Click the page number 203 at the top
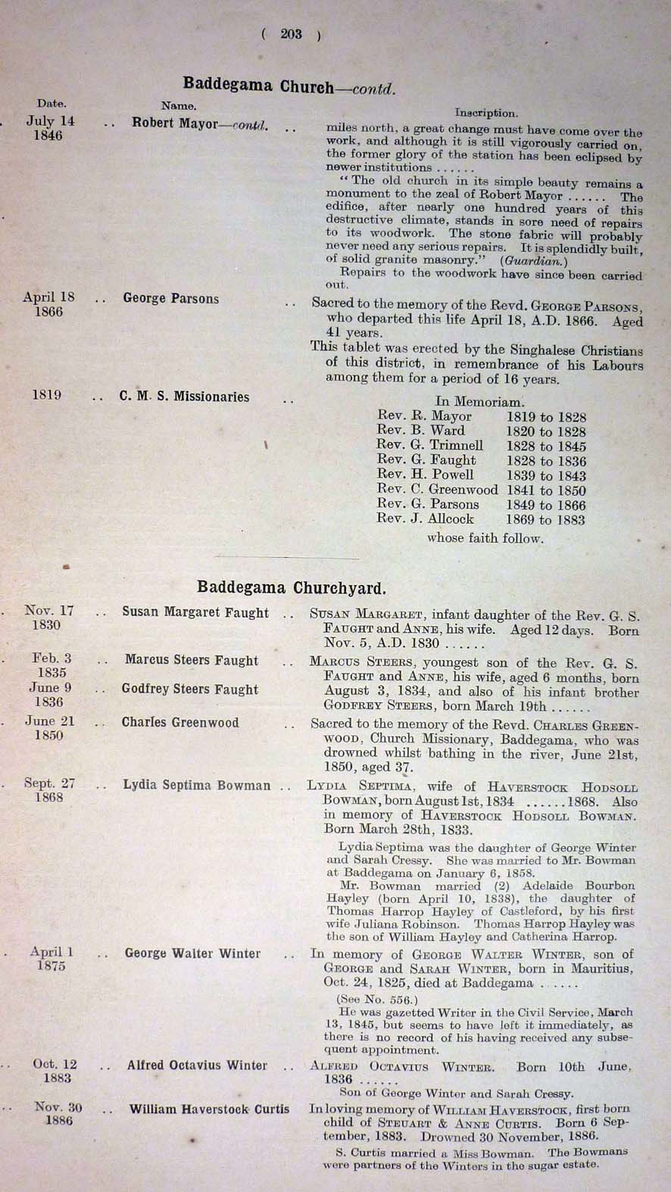[291, 33]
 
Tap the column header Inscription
[486, 113]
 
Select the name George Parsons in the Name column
[171, 299]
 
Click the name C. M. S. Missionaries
[184, 397]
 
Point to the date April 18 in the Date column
[48, 297]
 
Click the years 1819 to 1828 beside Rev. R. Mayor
[546, 417]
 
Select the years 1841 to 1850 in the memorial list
[546, 490]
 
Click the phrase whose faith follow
[485, 539]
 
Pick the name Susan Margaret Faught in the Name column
[195, 613]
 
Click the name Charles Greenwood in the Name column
[180, 723]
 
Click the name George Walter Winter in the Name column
[192, 954]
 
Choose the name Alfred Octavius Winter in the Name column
[197, 1066]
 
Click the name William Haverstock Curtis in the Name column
[209, 1110]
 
